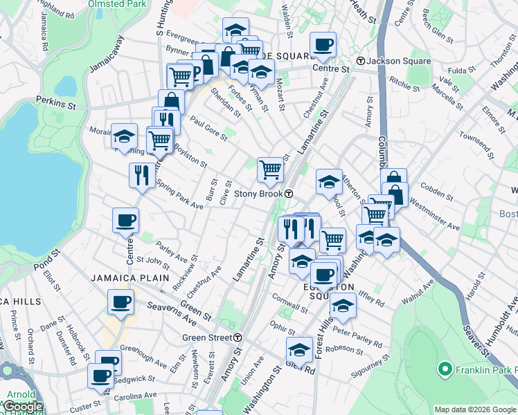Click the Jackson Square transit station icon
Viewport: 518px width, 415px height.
click(x=361, y=61)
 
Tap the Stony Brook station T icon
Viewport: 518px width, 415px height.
click(x=288, y=194)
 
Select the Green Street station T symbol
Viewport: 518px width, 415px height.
click(x=238, y=338)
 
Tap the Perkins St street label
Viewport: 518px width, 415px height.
click(x=57, y=102)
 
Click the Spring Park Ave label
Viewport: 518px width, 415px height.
click(x=179, y=196)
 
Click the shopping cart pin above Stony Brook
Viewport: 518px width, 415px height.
click(x=270, y=168)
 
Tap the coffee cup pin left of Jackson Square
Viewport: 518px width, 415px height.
click(x=323, y=45)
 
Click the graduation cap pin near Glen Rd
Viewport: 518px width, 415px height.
click(x=300, y=349)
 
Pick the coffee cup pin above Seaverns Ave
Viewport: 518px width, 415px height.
click(x=120, y=302)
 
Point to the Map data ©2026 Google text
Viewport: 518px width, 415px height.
click(x=475, y=409)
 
